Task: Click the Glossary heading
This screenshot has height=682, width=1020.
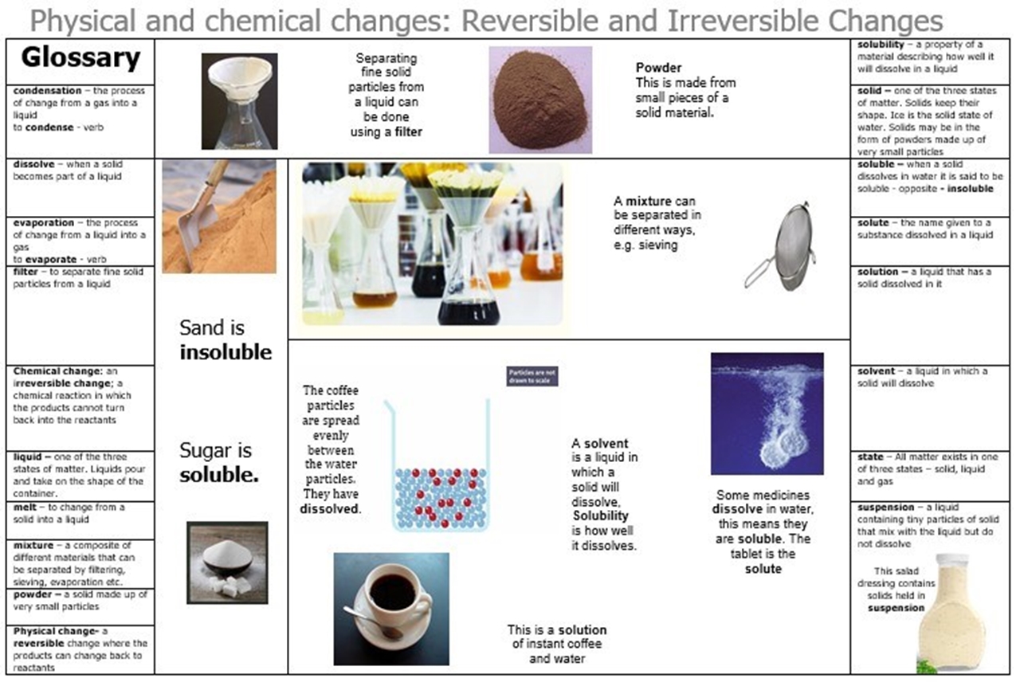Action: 80,59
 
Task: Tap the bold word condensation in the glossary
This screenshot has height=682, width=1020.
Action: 47,91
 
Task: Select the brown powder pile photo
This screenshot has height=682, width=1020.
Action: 540,100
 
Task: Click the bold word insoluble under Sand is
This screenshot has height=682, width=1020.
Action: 226,352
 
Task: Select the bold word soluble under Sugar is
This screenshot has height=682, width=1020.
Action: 219,475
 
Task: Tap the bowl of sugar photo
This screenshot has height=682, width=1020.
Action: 227,562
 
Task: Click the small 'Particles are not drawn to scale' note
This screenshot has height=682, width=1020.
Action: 532,377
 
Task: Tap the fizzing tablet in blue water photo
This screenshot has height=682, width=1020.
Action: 767,414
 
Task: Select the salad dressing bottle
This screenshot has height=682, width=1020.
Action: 952,613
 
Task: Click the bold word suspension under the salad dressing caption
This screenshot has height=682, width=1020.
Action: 896,608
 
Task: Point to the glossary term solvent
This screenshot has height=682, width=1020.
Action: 877,371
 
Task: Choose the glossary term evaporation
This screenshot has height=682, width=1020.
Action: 44,222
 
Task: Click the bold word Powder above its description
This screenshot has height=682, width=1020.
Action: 658,68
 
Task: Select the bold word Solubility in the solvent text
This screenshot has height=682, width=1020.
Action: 601,515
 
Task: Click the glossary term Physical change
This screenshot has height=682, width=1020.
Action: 56,631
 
